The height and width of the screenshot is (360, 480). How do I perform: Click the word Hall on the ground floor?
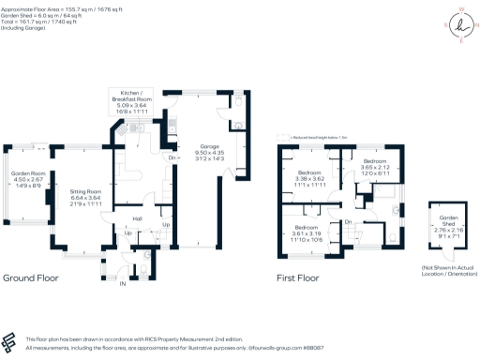click(x=137, y=217)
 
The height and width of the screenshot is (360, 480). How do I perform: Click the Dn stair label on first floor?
click(x=348, y=221)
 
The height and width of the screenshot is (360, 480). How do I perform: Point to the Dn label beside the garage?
click(x=172, y=157)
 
